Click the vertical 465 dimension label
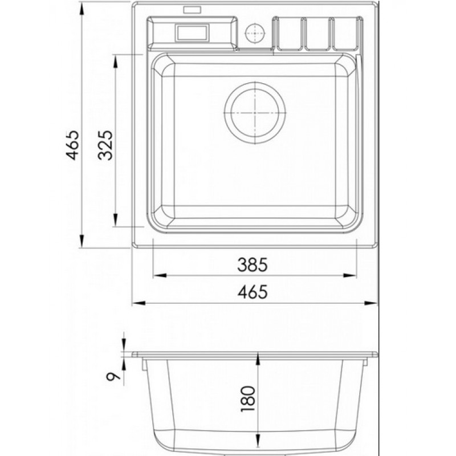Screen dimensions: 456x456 (x=73, y=145)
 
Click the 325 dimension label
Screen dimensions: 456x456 (x=105, y=145)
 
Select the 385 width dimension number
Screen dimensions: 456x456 (x=252, y=265)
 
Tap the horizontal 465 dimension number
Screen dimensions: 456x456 (x=252, y=292)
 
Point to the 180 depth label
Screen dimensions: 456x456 (x=248, y=398)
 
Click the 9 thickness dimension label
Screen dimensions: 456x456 (x=113, y=377)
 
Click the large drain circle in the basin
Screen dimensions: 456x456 (x=255, y=113)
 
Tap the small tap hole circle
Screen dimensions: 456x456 (x=255, y=33)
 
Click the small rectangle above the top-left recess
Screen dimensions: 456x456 (x=192, y=10)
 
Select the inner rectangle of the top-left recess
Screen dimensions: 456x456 (x=192, y=32)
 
